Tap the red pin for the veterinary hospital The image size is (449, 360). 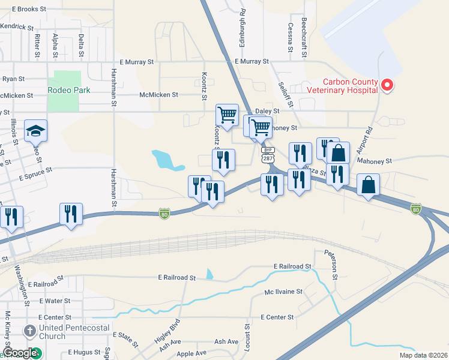pyautogui.click(x=387, y=85)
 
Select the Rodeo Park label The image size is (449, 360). pyautogui.click(x=69, y=90)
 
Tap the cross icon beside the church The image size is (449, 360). pyautogui.click(x=30, y=331)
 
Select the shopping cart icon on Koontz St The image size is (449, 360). pyautogui.click(x=227, y=114)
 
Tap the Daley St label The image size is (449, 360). pyautogui.click(x=268, y=112)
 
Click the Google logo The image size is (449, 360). pyautogui.click(x=20, y=353)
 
